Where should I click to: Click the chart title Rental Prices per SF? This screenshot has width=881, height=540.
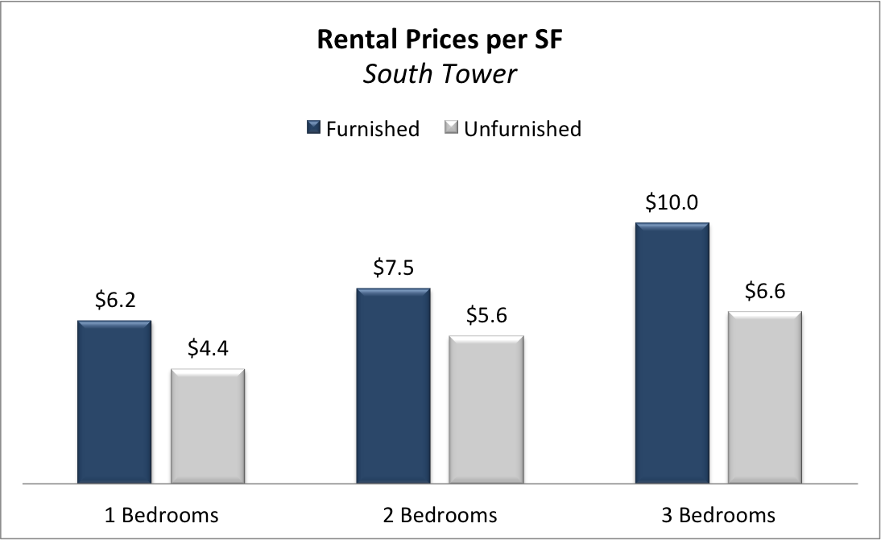point(440,39)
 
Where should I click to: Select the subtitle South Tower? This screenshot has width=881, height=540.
point(440,74)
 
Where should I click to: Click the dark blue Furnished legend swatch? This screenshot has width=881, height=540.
point(313,127)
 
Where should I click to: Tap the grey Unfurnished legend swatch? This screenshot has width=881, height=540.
point(451,127)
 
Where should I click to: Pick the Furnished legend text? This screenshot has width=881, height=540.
point(372,129)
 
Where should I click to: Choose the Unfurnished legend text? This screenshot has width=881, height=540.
point(523,129)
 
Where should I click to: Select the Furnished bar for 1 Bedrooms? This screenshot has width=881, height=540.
point(114,401)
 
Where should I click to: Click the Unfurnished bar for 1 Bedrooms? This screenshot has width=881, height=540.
point(208,426)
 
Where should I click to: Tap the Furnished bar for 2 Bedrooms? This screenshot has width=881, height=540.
point(393,385)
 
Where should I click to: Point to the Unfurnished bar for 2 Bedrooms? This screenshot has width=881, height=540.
point(486,409)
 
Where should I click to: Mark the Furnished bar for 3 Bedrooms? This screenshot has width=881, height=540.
point(672,352)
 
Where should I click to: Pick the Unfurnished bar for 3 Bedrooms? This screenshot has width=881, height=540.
point(765,397)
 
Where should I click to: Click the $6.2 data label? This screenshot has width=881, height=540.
point(114,301)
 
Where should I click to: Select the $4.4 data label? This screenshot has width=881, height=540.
point(208,350)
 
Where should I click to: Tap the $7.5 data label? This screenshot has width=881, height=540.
point(393,268)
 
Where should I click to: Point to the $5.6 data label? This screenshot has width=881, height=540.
point(486,317)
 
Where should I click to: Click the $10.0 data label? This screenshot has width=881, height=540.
point(672,202)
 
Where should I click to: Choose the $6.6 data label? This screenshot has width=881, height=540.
point(765,292)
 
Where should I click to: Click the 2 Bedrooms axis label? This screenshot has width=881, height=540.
point(440,515)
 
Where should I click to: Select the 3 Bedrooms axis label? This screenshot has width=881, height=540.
point(718,515)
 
